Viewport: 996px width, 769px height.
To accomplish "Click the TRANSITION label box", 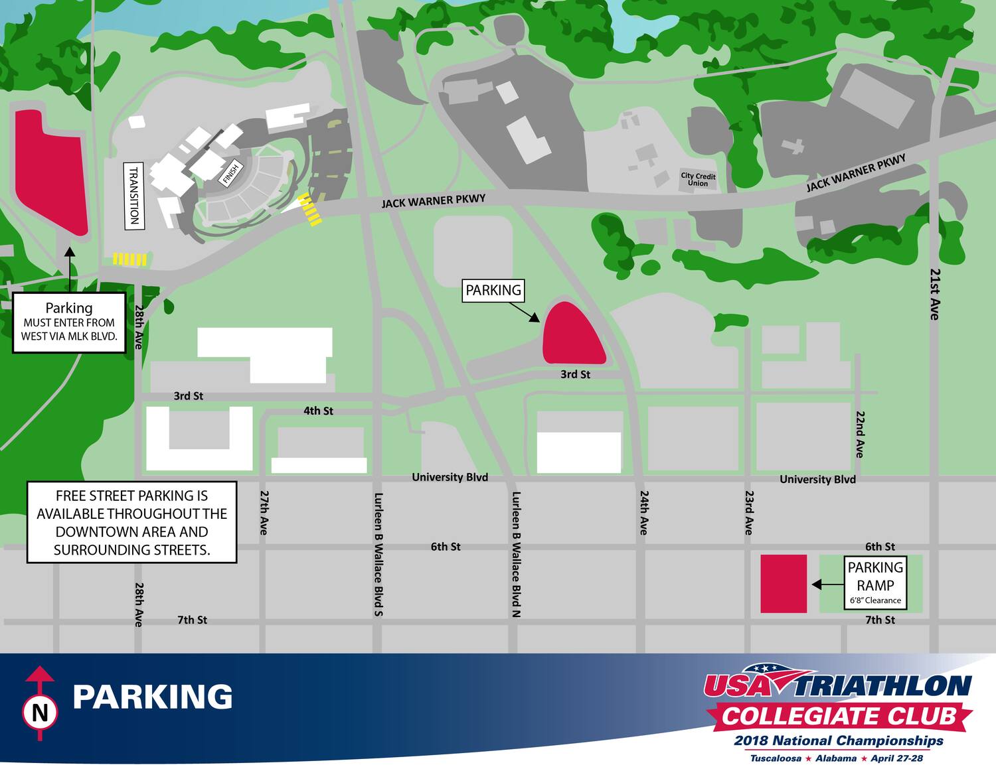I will click(135, 196).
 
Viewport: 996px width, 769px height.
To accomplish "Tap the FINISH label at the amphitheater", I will click(230, 175).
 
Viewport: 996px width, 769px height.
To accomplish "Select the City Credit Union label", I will click(698, 180).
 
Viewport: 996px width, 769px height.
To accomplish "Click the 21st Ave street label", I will click(935, 294).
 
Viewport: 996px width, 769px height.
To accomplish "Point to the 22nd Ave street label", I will click(859, 434).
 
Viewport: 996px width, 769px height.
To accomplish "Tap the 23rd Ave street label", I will click(748, 512).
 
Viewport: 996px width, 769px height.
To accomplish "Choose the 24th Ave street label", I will click(643, 512).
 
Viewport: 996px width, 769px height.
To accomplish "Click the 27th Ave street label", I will click(264, 512).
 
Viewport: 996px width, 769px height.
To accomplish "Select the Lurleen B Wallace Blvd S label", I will click(378, 554).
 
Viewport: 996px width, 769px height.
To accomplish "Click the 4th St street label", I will click(318, 411).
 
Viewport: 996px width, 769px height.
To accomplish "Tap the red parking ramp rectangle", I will click(784, 583).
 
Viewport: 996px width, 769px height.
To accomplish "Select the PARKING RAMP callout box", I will click(875, 583).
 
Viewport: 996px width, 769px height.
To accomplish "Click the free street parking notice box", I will click(131, 522).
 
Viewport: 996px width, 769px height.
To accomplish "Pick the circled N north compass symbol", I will click(40, 713).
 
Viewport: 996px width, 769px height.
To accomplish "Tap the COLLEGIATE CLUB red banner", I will click(839, 717).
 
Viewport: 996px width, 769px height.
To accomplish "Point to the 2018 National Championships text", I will click(839, 740).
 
